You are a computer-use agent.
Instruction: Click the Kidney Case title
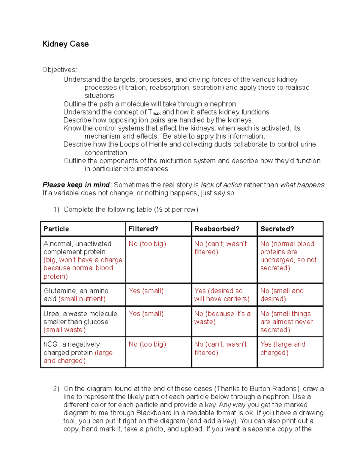[x=65, y=44]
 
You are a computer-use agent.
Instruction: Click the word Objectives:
[x=60, y=70]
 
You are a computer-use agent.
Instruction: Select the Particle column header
[x=56, y=229]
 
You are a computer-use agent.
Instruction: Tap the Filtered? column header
[x=143, y=229]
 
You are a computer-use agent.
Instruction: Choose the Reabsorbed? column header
[x=217, y=229]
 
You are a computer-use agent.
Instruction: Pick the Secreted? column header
[x=277, y=229]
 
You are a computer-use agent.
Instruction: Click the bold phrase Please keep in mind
[x=76, y=185]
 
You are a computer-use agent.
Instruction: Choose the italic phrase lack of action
[x=221, y=185]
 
